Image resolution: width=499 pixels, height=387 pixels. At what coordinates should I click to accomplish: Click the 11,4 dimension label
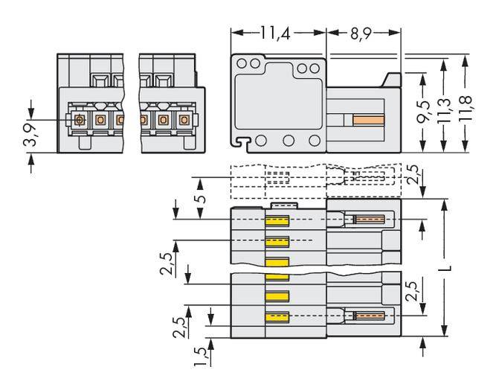(277, 33)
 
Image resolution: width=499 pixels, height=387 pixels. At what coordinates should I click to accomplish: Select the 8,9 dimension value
(362, 33)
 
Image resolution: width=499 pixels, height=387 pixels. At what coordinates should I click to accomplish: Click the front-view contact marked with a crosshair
(80, 120)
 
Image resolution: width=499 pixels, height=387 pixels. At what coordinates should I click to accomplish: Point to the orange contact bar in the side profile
(371, 120)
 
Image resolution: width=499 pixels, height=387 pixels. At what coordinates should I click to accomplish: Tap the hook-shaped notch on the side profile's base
(239, 140)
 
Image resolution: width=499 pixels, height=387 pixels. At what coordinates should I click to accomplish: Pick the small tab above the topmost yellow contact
(284, 205)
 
